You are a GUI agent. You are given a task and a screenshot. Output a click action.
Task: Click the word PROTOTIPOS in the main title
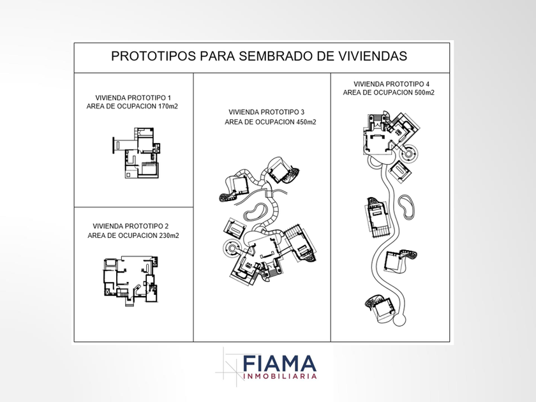[x=154, y=56]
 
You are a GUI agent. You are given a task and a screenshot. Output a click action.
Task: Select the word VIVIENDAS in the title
[x=373, y=56]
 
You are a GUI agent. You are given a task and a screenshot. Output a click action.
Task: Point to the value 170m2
[x=168, y=107]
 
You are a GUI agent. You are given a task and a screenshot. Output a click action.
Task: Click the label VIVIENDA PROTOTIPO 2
[x=131, y=227]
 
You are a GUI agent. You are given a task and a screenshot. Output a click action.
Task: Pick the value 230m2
[x=169, y=236]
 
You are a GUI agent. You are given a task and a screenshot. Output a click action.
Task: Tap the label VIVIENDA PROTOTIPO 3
[x=266, y=112]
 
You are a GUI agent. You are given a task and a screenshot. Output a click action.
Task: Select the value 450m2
[x=306, y=122]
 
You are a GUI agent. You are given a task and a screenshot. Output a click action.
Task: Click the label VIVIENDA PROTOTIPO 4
[x=391, y=84]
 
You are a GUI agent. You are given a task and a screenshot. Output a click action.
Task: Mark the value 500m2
[x=424, y=93]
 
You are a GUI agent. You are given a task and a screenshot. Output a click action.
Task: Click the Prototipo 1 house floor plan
[x=137, y=153]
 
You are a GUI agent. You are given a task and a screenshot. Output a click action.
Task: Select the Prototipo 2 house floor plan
[x=131, y=280]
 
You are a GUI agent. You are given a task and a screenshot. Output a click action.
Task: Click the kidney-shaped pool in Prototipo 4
[x=407, y=207]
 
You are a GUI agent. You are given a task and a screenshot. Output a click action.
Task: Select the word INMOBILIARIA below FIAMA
[x=279, y=376]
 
